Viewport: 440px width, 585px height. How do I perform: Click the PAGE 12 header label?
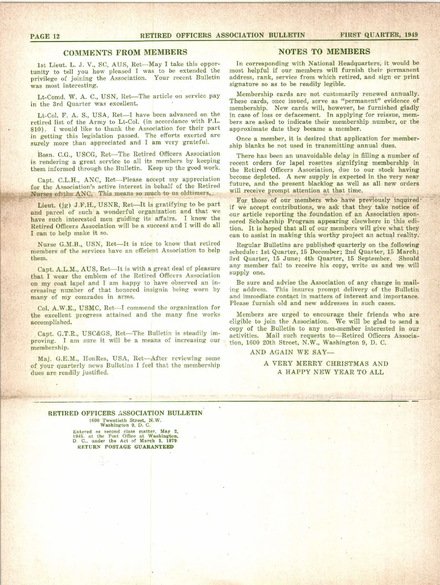45,36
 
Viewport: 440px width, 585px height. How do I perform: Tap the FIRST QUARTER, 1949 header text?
379,35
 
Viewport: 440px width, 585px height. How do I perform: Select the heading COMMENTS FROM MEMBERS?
125,52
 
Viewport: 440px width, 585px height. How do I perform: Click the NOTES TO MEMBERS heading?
324,52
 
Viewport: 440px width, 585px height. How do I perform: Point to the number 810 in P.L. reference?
36,129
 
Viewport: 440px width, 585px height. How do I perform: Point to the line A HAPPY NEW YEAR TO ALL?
330,372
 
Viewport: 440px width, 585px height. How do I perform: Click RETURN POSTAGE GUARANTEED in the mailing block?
125,447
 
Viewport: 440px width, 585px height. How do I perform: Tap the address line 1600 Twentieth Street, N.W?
125,421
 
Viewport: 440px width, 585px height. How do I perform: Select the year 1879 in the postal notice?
172,441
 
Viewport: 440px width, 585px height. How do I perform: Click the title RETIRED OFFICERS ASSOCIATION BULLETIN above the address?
125,413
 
